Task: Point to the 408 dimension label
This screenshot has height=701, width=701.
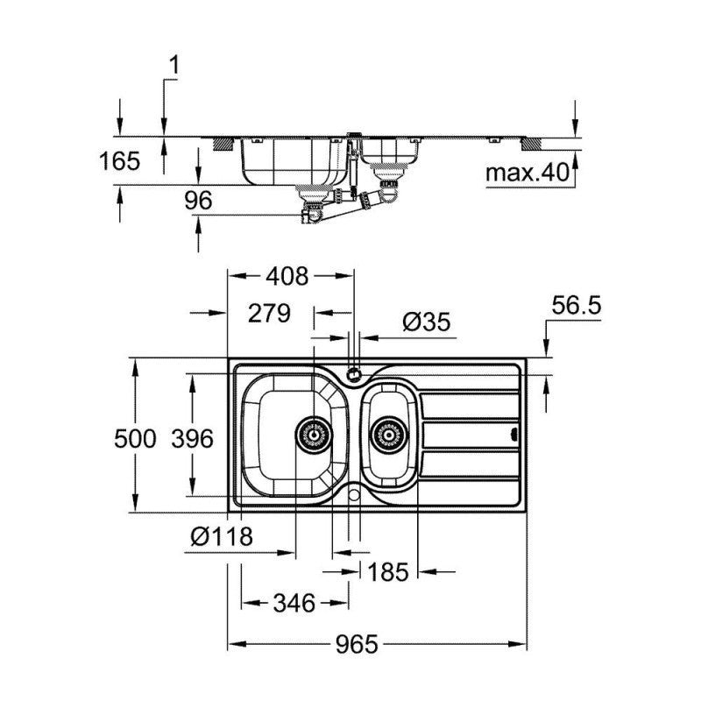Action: (287, 277)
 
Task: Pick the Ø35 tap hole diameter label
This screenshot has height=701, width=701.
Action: (426, 322)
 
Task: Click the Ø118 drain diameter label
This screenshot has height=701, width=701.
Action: (222, 535)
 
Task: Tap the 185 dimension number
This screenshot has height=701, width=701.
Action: (388, 572)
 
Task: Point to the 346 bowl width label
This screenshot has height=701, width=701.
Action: (294, 604)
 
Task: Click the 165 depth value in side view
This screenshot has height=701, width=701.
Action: (120, 161)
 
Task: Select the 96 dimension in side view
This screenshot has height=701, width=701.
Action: (199, 201)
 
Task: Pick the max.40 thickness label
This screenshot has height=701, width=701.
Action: (528, 173)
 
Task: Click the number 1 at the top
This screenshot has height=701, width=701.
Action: (173, 64)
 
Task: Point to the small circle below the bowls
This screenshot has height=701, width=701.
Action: (354, 496)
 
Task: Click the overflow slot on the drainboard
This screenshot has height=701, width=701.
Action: (514, 433)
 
